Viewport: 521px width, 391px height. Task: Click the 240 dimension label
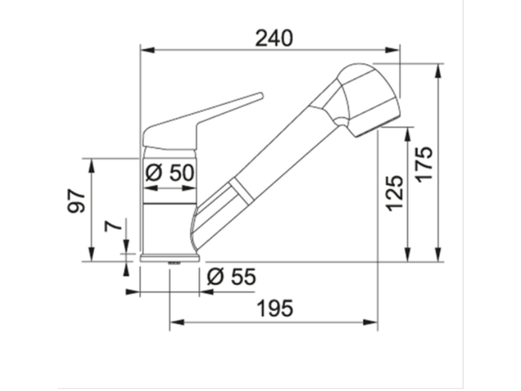(274, 38)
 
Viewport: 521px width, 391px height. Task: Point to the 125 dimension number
(394, 192)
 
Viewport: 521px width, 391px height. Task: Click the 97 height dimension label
(77, 202)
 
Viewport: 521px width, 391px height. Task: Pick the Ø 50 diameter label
(169, 173)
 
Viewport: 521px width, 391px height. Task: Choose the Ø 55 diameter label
(231, 277)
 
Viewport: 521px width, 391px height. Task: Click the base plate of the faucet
(169, 258)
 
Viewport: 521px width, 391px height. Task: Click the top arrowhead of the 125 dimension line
(408, 133)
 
